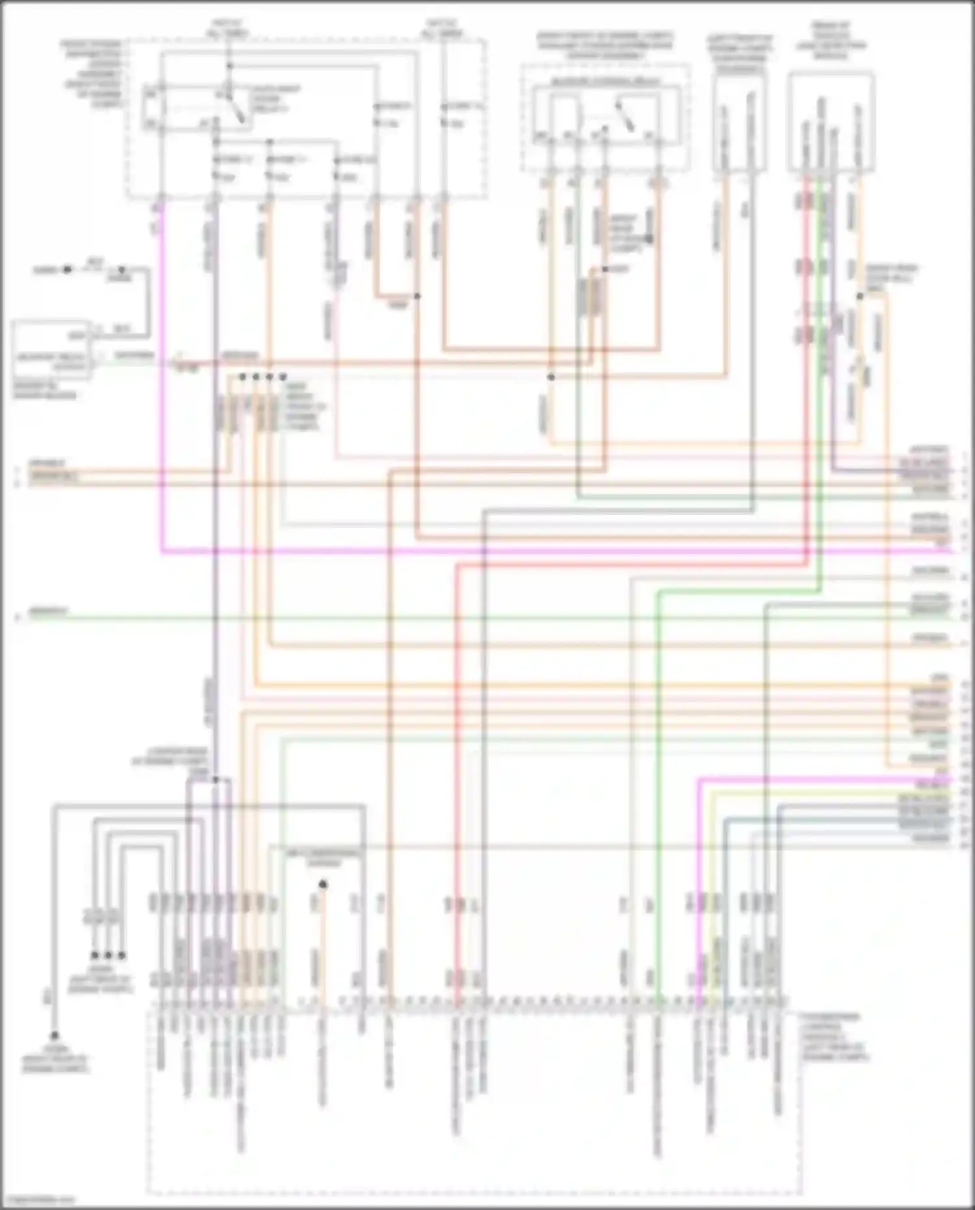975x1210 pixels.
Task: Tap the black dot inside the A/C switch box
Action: [x=323, y=884]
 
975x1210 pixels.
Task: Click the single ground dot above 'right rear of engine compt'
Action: [x=55, y=1036]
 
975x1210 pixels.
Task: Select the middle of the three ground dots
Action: [x=108, y=955]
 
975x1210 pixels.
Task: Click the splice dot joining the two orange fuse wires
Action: [x=417, y=296]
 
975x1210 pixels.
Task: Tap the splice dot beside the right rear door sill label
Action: [x=859, y=296]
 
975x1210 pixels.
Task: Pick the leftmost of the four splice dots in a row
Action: [x=242, y=377]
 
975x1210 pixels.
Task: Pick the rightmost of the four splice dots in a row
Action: [x=283, y=377]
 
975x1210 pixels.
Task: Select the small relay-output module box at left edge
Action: [x=52, y=350]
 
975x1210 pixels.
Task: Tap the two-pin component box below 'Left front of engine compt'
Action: [x=739, y=124]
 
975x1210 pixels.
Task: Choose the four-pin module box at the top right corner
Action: [x=830, y=124]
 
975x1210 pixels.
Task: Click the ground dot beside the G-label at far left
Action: [x=67, y=269]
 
